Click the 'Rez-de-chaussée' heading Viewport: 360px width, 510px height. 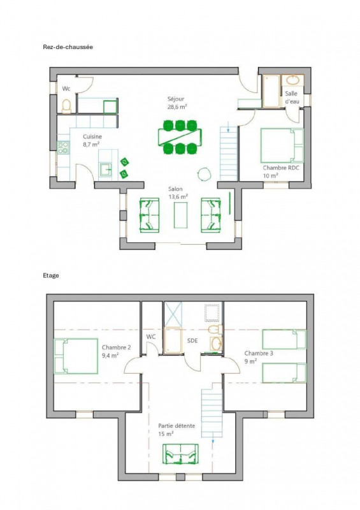tap(68, 47)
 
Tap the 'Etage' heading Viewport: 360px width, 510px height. tap(51, 275)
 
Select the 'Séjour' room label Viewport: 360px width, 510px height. tap(176, 99)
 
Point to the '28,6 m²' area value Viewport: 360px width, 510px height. tap(177, 106)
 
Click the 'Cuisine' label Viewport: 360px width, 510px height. tap(92, 136)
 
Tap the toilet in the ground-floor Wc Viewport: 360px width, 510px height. tap(66, 106)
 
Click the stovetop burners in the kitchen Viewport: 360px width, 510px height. tap(63, 147)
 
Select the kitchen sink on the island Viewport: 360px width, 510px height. tap(105, 170)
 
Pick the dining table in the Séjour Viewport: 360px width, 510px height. tap(180, 136)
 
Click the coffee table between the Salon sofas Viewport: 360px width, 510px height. tap(180, 215)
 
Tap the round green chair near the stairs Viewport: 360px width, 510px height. tap(204, 173)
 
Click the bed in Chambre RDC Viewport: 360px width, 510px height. tap(282, 145)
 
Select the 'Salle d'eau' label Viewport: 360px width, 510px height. tap(292, 98)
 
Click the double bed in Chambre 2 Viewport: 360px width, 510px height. tap(76, 356)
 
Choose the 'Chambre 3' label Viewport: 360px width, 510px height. tap(259, 353)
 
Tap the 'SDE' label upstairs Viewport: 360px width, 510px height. tap(192, 340)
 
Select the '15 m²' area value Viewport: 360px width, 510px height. tap(166, 434)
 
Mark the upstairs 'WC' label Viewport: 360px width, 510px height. tap(150, 337)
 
